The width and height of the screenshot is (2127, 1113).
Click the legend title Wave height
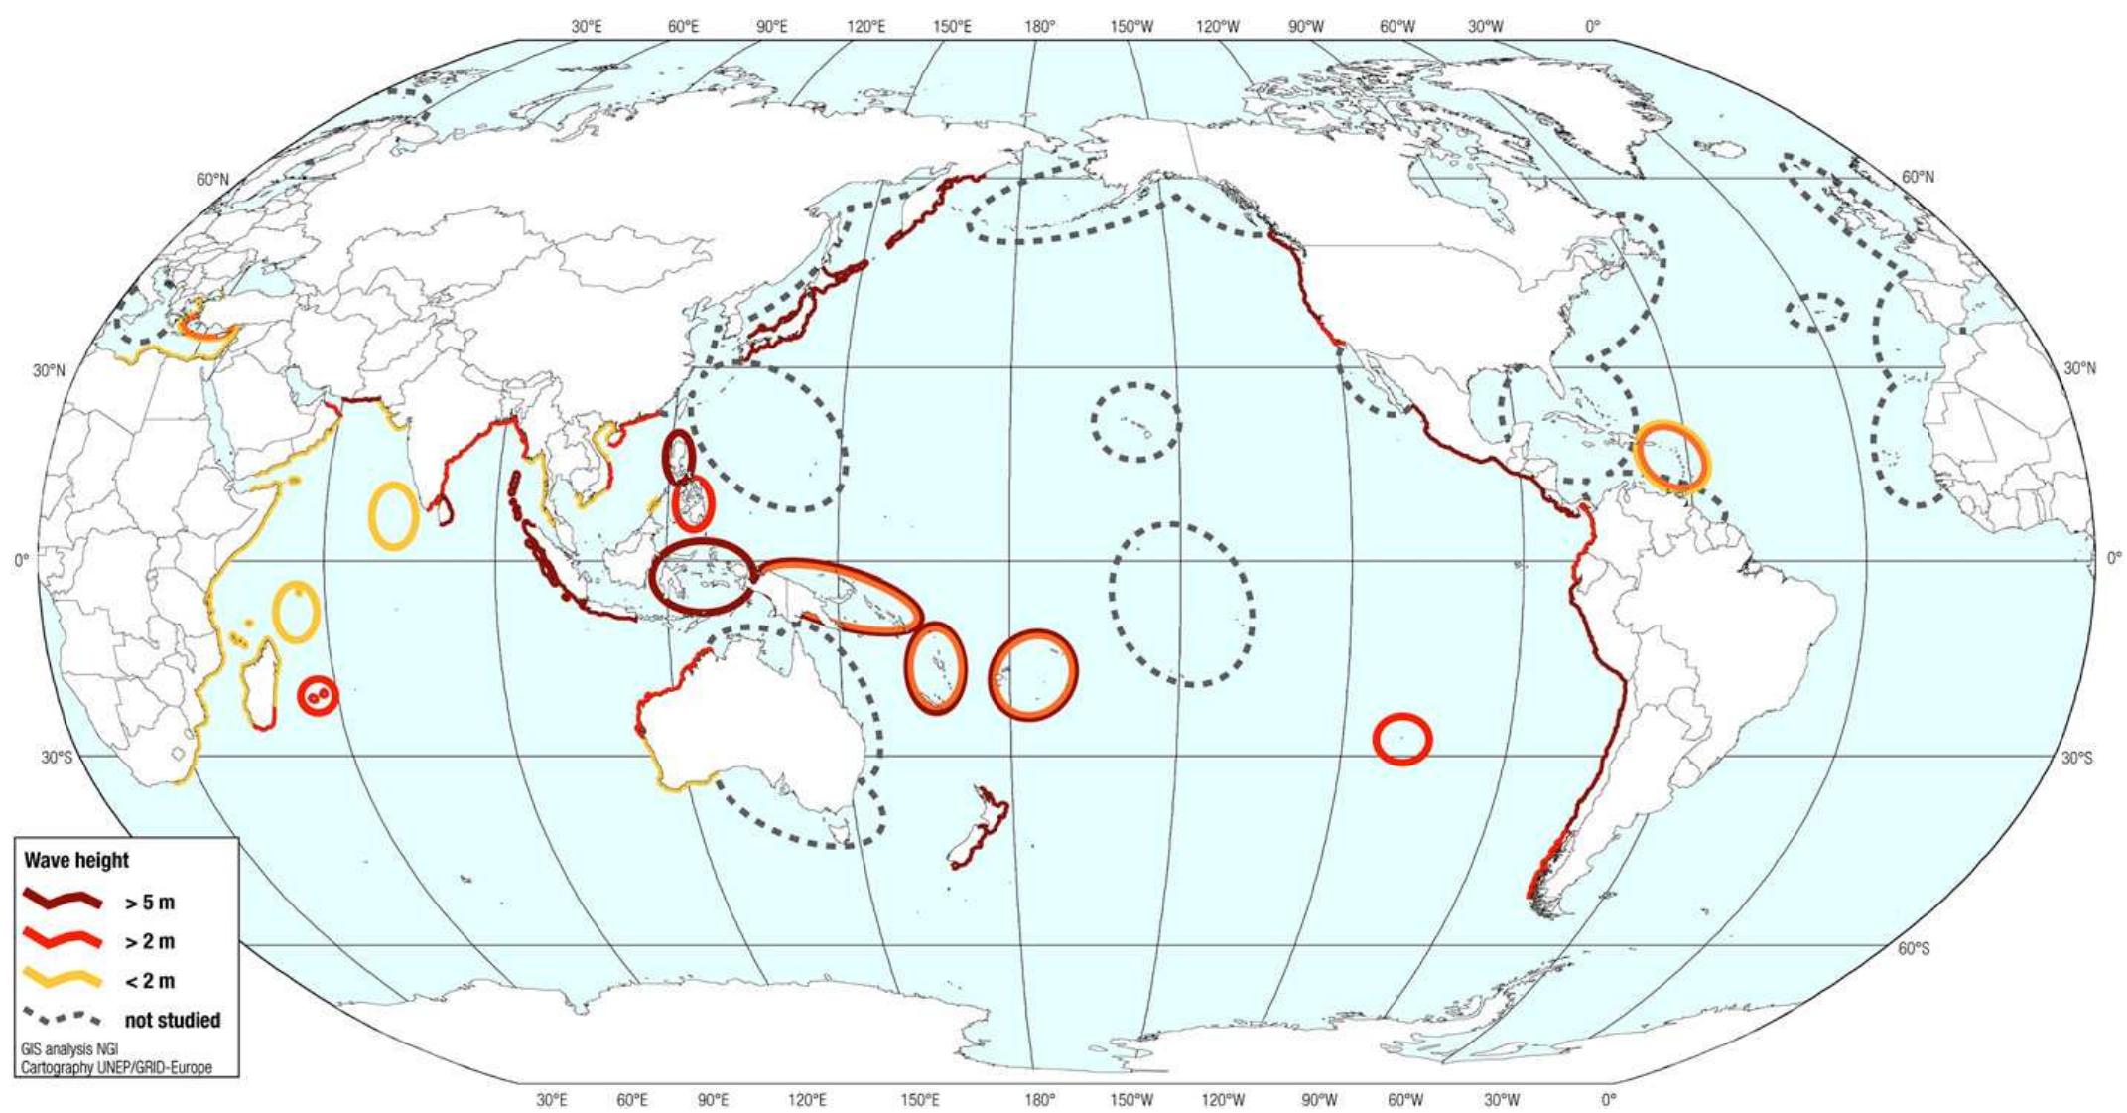[x=76, y=860]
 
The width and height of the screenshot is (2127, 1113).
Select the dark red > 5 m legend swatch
[x=62, y=902]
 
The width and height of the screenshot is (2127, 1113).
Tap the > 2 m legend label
[x=150, y=941]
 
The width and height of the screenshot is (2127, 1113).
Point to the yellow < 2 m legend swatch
[x=62, y=979]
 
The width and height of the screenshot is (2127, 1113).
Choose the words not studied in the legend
[x=173, y=1020]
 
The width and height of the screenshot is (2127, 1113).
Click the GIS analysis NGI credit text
[x=68, y=1048]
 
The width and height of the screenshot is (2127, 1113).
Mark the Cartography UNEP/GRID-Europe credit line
[x=116, y=1068]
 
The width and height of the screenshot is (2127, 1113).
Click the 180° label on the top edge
[x=1039, y=27]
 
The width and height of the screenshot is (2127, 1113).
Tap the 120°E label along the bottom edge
[x=807, y=1100]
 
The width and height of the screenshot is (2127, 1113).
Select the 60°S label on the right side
[x=1914, y=949]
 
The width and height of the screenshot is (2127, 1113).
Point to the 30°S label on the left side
[x=57, y=758]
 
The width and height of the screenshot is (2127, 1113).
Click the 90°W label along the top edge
[x=1306, y=27]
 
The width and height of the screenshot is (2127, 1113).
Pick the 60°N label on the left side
[x=211, y=180]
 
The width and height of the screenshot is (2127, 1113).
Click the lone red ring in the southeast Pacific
[x=1401, y=739]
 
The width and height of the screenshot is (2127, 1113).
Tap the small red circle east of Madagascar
[x=319, y=694]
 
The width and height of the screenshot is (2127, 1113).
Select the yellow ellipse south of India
[x=393, y=514]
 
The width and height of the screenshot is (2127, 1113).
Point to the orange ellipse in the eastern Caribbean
[x=1672, y=457]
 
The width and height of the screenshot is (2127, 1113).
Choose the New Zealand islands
[x=978, y=829]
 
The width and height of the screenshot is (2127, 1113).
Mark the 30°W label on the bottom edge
[x=1502, y=1100]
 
